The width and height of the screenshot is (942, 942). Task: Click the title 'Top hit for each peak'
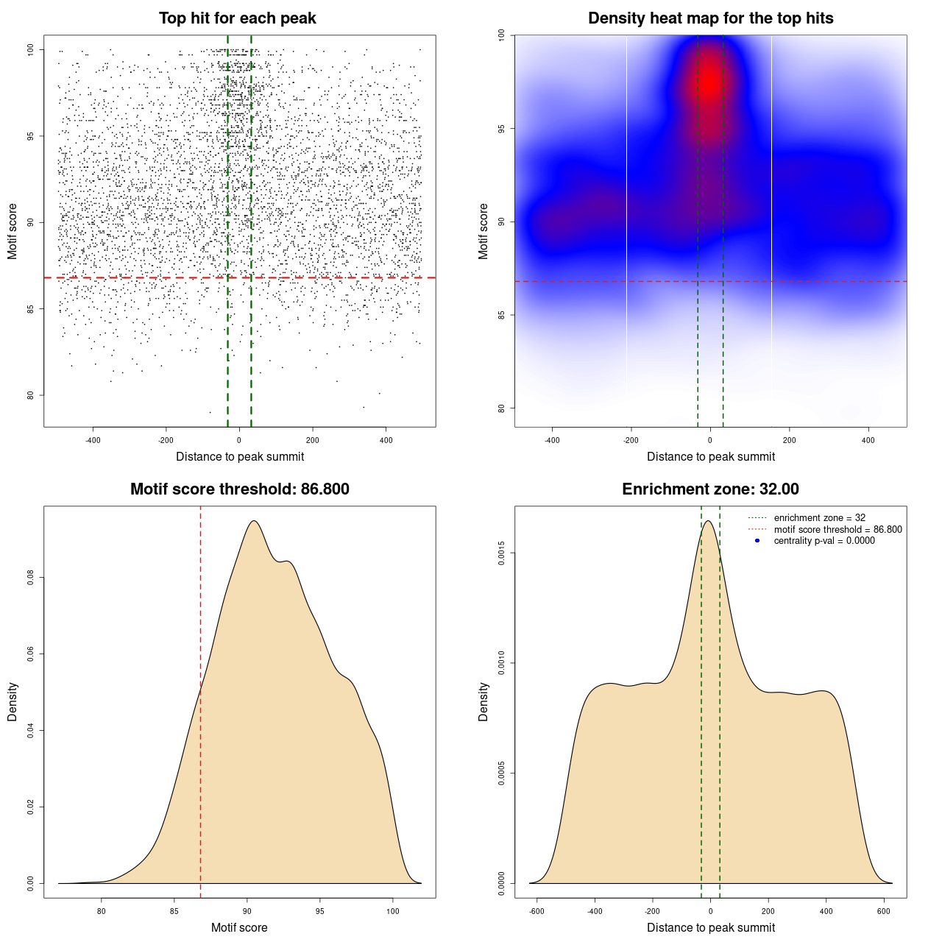coord(238,18)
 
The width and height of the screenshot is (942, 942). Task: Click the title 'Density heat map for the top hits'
coord(710,18)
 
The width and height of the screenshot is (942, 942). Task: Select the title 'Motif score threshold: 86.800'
coord(239,489)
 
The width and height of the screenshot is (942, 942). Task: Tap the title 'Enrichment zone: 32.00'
coord(710,489)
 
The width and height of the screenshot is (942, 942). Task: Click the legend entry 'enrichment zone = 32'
coord(819,518)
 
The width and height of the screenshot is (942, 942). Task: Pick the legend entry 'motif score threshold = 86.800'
coord(837,530)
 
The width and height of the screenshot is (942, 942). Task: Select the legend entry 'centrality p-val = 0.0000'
coord(824,541)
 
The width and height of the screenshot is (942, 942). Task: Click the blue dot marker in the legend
coord(757,541)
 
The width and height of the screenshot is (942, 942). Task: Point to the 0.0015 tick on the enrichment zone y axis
coord(502,553)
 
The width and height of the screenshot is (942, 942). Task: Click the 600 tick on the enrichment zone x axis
coord(884,911)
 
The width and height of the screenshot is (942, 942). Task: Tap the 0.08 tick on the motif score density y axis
coord(31,578)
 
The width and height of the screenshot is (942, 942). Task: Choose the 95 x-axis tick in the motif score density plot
coord(319,911)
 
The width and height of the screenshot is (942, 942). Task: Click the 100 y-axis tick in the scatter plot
coord(31,50)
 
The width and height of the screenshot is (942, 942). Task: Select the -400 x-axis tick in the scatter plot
coord(93,440)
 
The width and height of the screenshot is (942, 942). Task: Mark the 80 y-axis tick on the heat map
coord(502,408)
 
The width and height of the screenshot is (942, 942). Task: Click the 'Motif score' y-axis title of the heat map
coord(484,231)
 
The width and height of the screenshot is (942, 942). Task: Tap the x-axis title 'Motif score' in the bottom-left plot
coord(239,928)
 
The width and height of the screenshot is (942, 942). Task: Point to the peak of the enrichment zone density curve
coord(708,521)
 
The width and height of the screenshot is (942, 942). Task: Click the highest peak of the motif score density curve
coord(254,521)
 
